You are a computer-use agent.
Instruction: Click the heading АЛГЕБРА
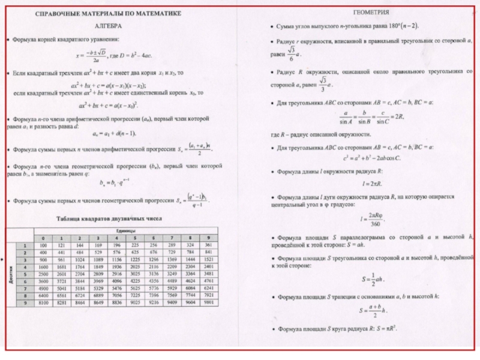point(109,27)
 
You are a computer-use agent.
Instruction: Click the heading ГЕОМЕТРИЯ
point(370,12)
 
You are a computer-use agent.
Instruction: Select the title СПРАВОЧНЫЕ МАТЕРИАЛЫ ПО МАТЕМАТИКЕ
point(109,13)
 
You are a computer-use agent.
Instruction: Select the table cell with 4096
point(116,281)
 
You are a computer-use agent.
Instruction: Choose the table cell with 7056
point(116,296)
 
